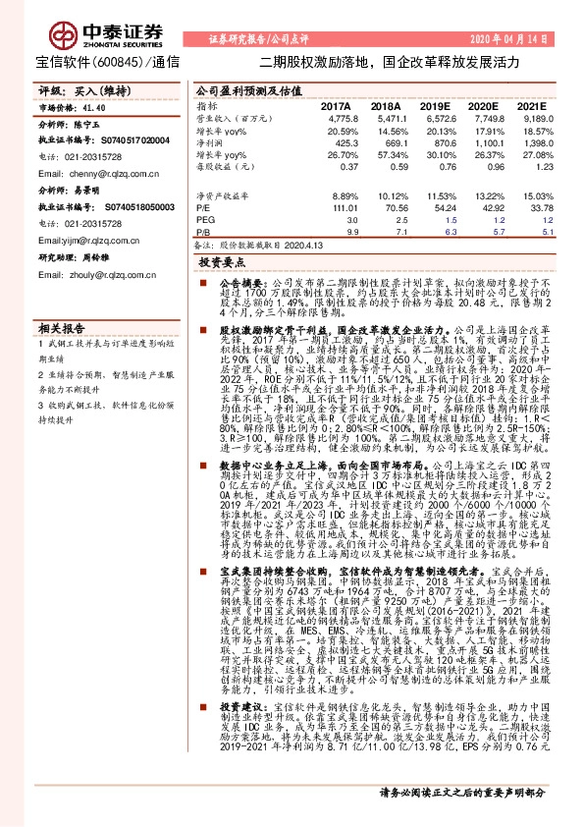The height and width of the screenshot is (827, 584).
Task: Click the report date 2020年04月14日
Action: pyautogui.click(x=521, y=38)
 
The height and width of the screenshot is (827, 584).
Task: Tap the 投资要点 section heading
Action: pyautogui.click(x=222, y=264)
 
